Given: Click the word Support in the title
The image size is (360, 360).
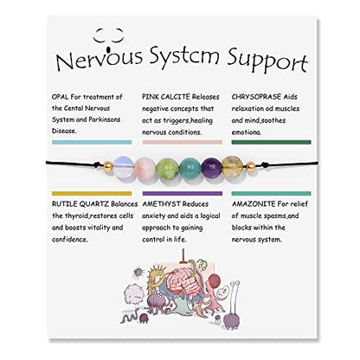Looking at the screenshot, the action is point(267,61).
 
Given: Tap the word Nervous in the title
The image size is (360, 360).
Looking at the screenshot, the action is point(100,58).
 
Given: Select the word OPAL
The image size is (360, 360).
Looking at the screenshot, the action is point(61,97).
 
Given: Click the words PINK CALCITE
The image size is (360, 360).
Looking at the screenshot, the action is point(166,97).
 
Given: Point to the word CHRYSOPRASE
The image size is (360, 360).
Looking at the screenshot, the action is point(256,97).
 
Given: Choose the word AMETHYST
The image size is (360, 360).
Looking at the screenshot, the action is point(161,204).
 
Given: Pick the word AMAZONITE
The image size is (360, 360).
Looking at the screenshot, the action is point(254,204).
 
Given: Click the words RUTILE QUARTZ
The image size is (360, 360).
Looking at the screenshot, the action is point(80,204).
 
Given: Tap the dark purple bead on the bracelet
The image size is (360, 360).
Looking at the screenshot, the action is point(211,167).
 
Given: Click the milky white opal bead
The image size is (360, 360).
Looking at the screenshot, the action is point(123,166).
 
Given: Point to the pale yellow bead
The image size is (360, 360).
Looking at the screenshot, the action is point(232,166).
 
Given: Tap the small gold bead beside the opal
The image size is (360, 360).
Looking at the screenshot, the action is point(108,167).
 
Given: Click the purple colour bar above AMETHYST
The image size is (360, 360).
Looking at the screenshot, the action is point(183,194).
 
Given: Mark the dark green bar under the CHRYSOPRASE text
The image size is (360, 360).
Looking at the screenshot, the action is point(272,142).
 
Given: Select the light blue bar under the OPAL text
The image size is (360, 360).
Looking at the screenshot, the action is point(92,142).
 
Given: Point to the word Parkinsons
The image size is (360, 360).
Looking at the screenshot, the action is point(105,119).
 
